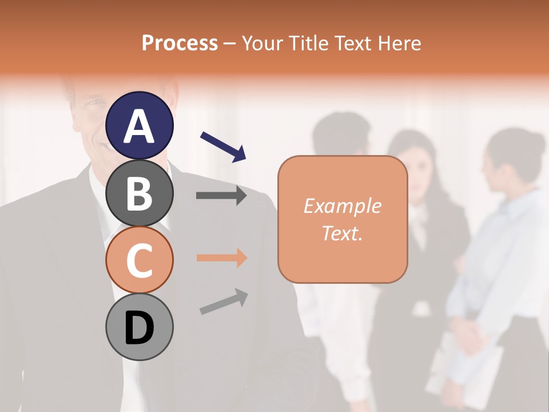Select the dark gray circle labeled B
pos(139,193)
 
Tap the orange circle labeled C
pos(139,260)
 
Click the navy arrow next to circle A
pos(223,146)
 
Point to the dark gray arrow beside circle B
pos(221,196)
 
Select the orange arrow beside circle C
pos(221,258)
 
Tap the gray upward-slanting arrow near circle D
pos(224,302)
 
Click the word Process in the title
pos(180,43)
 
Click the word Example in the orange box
pos(342,206)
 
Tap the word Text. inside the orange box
pos(342,233)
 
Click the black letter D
pos(139,328)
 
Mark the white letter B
pos(139,193)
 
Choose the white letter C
pos(139,261)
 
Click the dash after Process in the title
pos(230,43)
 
